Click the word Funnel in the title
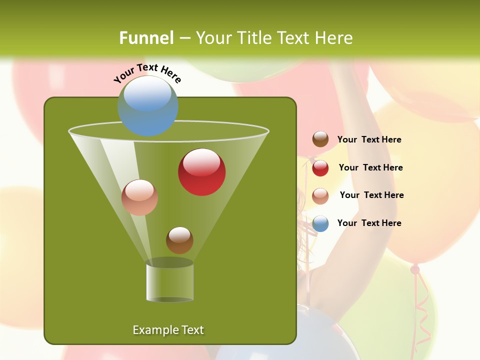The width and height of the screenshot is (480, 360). coord(146,38)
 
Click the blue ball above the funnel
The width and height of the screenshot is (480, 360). coord(147,105)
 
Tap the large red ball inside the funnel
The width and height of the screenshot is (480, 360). coord(201,172)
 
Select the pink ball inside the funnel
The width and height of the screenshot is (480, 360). coord(139,197)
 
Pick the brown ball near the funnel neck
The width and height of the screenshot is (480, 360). coord(179,240)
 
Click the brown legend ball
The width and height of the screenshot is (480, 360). coord(320,139)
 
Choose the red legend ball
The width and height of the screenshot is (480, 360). coord(320,168)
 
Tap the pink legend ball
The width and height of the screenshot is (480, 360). coord(320,196)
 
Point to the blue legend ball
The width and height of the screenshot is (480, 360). coord(320,223)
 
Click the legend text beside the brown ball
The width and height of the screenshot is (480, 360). coord(369,139)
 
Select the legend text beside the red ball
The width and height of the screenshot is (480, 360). coord(370,167)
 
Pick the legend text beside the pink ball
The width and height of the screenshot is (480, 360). coord(371,195)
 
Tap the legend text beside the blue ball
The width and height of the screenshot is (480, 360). coord(369,223)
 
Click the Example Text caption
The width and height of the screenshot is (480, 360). coord(168,330)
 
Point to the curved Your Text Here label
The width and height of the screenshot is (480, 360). coord(147,73)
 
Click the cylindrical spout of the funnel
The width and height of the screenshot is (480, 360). coord(170,282)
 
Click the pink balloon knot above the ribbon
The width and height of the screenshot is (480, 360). coord(415,269)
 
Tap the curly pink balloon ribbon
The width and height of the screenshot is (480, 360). coord(422,310)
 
